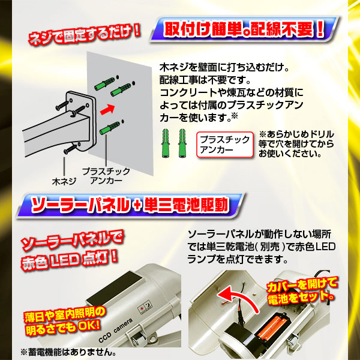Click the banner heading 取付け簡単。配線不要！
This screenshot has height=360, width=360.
(x=244, y=29)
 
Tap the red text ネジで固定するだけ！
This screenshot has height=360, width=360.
(x=84, y=35)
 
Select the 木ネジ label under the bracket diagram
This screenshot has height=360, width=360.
(x=64, y=182)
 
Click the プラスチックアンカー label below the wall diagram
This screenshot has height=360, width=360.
(x=106, y=176)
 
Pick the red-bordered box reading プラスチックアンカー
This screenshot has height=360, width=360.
(x=225, y=145)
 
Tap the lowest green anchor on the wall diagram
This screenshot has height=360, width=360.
(x=110, y=128)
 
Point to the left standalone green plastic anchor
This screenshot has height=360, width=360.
(x=166, y=143)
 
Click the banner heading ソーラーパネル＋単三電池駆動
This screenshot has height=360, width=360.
(x=130, y=205)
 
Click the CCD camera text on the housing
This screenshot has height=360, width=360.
(x=115, y=330)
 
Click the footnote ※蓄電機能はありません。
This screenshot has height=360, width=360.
(x=68, y=352)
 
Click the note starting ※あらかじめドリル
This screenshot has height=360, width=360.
(x=296, y=144)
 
